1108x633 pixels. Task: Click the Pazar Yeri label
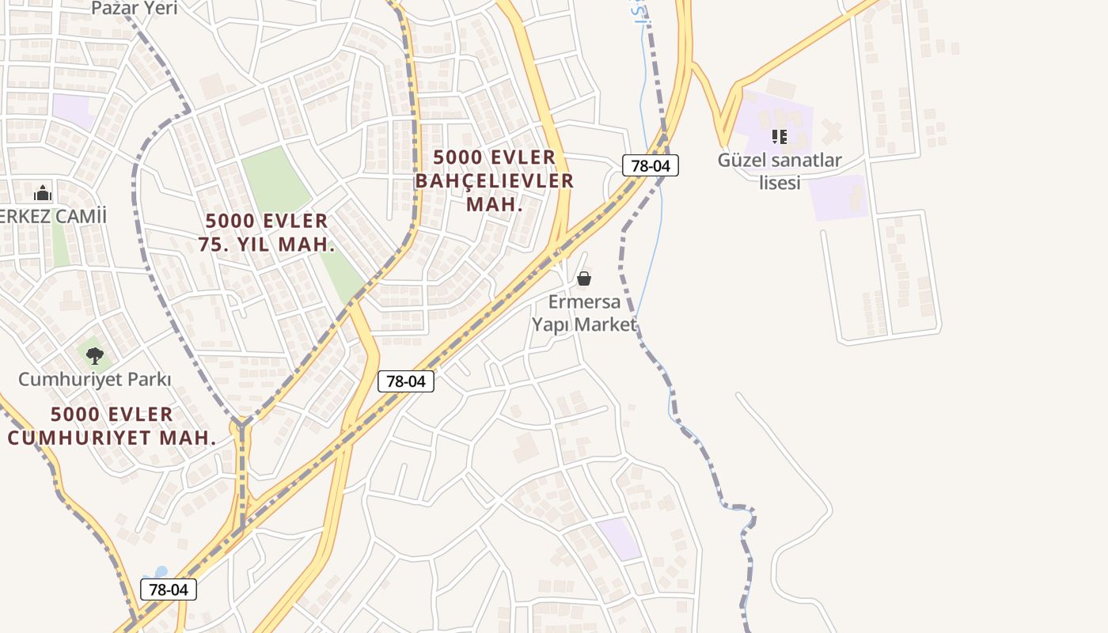(135, 9)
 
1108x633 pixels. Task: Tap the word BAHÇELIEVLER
(495, 181)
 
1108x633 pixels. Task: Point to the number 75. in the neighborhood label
(213, 244)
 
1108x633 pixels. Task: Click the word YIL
(253, 244)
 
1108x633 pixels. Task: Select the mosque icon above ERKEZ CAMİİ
(43, 193)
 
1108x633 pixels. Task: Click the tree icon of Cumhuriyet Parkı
(95, 355)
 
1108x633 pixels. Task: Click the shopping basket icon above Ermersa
(584, 279)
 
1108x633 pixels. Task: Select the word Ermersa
(584, 302)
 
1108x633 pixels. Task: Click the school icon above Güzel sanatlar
(780, 137)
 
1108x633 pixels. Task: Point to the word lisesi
(780, 183)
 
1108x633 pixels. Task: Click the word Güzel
(742, 161)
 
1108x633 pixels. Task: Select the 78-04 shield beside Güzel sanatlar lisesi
(651, 165)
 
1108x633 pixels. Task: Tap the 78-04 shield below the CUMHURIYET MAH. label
(168, 589)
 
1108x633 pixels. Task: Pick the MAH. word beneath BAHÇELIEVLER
(495, 205)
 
